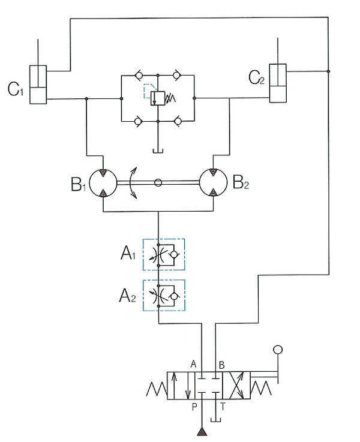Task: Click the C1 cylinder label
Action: [15, 89]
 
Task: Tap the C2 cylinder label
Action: [256, 77]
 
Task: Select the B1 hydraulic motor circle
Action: [103, 183]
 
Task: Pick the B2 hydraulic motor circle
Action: [213, 183]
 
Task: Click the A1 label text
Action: [128, 253]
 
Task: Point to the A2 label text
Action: [127, 296]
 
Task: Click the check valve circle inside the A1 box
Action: [174, 254]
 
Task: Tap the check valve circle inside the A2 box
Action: [174, 296]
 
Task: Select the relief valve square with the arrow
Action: [158, 98]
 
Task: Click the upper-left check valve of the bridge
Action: [139, 76]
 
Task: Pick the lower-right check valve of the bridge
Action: [178, 122]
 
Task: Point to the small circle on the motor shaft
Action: [158, 183]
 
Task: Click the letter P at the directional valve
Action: [194, 407]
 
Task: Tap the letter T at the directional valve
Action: [223, 407]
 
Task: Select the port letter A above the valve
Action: [193, 364]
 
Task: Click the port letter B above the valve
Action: [221, 365]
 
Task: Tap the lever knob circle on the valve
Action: [278, 350]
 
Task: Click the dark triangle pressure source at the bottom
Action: [202, 432]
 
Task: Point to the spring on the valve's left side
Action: [157, 389]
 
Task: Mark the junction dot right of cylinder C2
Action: [328, 71]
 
